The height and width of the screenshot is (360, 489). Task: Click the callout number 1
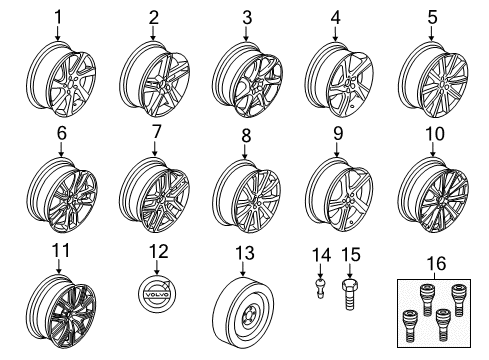coord(58,17)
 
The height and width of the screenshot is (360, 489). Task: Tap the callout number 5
coord(432,17)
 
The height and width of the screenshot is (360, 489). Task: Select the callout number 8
coord(246,135)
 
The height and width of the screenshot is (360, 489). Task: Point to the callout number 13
coord(245,253)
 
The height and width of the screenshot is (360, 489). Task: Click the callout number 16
coord(437,263)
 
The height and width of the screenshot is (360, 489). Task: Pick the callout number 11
coord(61,250)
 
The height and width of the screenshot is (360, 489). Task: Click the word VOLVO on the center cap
coord(156,295)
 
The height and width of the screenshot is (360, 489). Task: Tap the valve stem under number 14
coord(320,289)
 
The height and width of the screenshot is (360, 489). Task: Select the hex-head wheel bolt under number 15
coord(349,294)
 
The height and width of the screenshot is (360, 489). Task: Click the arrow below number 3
coord(246,34)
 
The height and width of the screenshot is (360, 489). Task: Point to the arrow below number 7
coord(154,149)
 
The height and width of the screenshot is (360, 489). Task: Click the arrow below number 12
coord(156,268)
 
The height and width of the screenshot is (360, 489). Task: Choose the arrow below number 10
coord(433,149)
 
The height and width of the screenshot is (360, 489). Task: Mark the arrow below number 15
coord(349,270)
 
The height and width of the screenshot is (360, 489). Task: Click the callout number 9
coord(338,134)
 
